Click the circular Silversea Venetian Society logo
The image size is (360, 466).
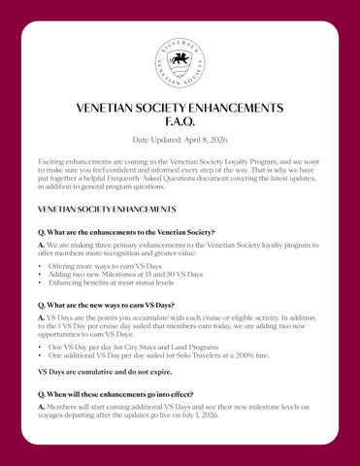180,63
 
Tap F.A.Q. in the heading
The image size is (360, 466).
180,124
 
